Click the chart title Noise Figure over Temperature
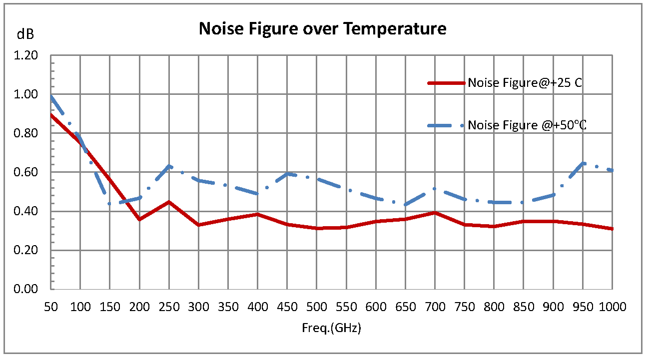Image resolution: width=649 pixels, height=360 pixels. pyautogui.click(x=322, y=29)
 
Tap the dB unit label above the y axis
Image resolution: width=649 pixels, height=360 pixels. pyautogui.click(x=25, y=34)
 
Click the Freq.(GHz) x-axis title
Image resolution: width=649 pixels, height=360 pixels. pyautogui.click(x=331, y=328)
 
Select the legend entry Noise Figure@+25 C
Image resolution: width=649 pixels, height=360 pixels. pyautogui.click(x=525, y=83)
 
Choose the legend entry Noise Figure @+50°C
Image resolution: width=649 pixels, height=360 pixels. pyautogui.click(x=527, y=125)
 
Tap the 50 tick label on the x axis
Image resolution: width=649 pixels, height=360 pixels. pyautogui.click(x=50, y=307)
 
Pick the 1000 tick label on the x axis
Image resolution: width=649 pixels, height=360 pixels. pyautogui.click(x=613, y=307)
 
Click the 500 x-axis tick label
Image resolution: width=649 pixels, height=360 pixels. pyautogui.click(x=316, y=307)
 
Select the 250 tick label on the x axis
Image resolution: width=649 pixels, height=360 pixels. pyautogui.click(x=169, y=307)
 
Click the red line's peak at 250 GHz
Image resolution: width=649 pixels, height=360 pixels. pyautogui.click(x=169, y=202)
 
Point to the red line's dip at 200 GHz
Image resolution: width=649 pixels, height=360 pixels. pyautogui.click(x=139, y=219)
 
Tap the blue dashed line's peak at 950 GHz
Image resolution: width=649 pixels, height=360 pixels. pyautogui.click(x=583, y=163)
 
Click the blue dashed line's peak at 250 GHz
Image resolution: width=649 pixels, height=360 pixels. pyautogui.click(x=169, y=166)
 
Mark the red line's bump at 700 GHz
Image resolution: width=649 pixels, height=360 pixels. pyautogui.click(x=435, y=213)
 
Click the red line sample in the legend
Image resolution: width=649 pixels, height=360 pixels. pyautogui.click(x=446, y=83)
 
